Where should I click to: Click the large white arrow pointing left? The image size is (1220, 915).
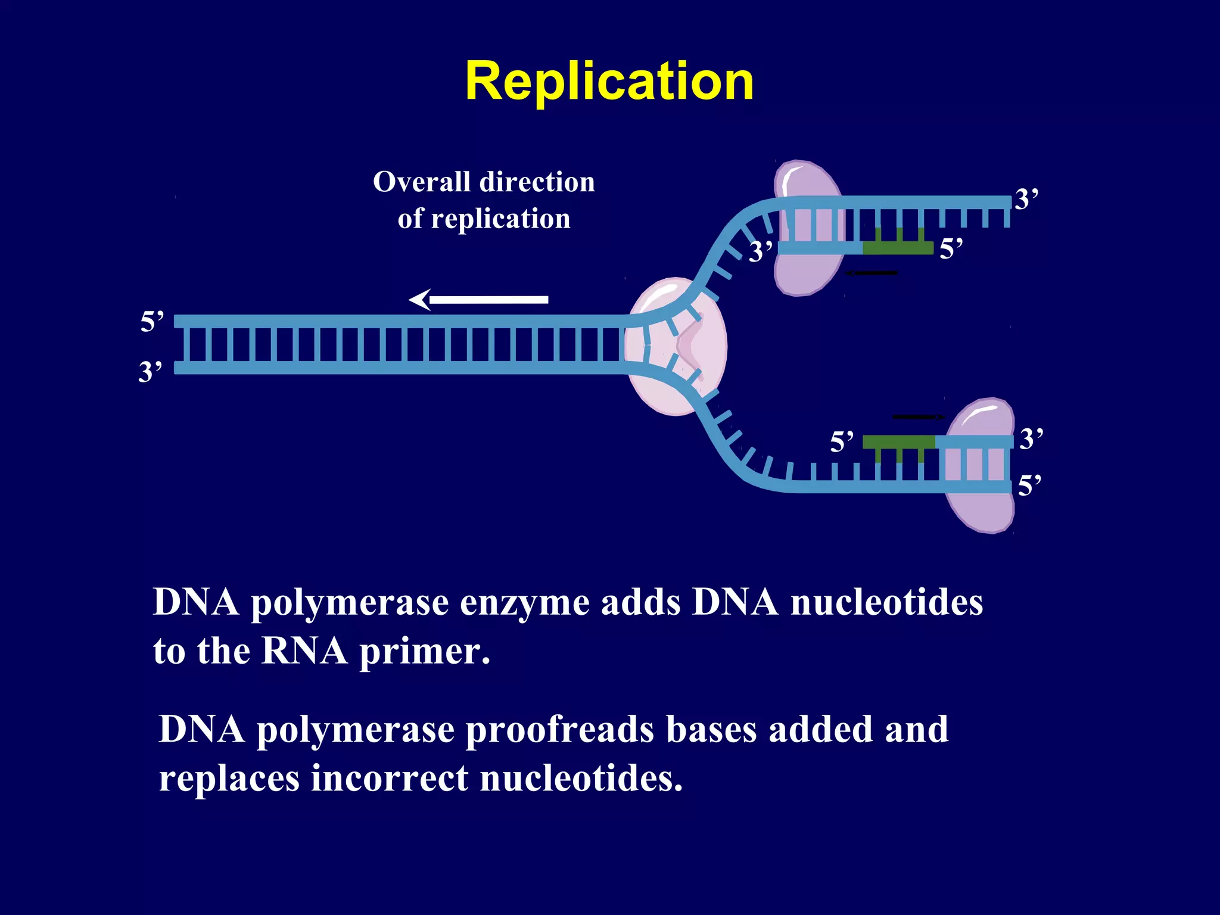pyautogui.click(x=479, y=300)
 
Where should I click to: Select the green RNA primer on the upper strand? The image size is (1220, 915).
pyautogui.click(x=898, y=247)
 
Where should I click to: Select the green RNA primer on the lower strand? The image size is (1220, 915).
pyautogui.click(x=898, y=442)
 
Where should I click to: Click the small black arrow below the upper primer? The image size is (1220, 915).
pyautogui.click(x=872, y=273)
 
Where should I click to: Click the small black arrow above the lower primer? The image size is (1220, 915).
pyautogui.click(x=918, y=417)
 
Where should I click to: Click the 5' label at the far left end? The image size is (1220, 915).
pyautogui.click(x=151, y=322)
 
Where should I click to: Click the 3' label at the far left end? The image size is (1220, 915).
pyautogui.click(x=150, y=372)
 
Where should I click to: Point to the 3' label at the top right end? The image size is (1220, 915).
pyautogui.click(x=1026, y=199)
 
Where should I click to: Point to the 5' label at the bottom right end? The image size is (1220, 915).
pyautogui.click(x=1029, y=485)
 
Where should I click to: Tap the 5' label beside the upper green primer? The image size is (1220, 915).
pyautogui.click(x=951, y=248)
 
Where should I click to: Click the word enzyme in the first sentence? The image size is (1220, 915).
pyautogui.click(x=525, y=603)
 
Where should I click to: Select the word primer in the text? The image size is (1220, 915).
pyautogui.click(x=424, y=652)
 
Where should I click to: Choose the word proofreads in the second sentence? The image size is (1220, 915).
pyautogui.click(x=559, y=730)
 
